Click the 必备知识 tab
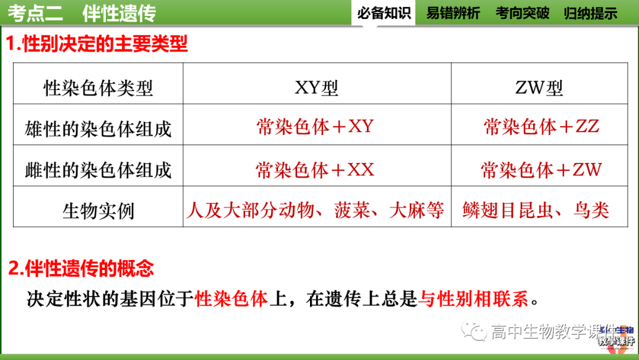[384, 12]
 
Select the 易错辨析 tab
[453, 12]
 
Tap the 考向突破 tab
[522, 12]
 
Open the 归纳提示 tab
[590, 12]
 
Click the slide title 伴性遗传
[119, 12]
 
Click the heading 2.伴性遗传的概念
[80, 268]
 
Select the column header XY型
[317, 88]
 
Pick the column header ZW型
[539, 88]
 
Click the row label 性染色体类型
[98, 88]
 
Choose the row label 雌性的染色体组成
[98, 170]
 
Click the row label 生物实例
[98, 211]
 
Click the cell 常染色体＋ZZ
[541, 126]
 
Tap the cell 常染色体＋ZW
[541, 170]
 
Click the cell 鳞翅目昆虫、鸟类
[536, 210]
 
